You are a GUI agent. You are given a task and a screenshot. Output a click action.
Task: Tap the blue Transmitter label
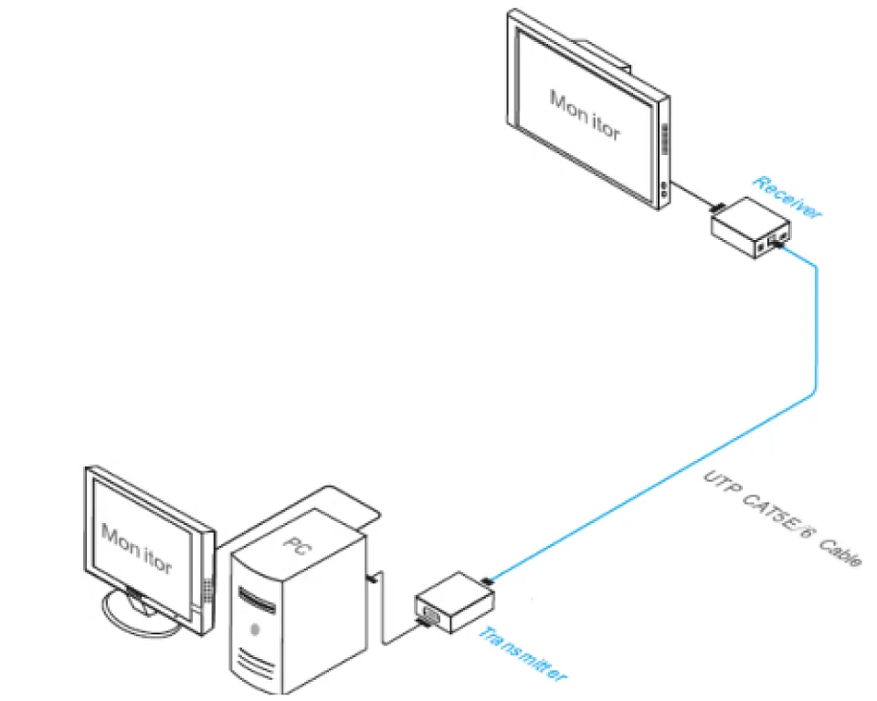point(522,654)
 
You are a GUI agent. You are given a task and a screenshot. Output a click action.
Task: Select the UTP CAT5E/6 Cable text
point(782,519)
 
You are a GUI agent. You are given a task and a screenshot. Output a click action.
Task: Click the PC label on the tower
point(296,546)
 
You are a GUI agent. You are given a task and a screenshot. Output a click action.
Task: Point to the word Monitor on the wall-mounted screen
point(585,115)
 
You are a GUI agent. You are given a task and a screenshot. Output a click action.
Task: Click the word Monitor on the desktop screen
point(136,549)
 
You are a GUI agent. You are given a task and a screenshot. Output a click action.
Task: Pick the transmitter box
point(455,602)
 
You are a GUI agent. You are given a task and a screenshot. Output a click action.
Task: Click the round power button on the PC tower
point(255,630)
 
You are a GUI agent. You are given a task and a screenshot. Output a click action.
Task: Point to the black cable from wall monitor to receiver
point(693,194)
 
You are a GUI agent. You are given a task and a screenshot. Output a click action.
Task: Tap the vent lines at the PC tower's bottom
point(256,665)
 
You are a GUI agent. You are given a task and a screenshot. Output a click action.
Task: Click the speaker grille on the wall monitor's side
point(666,139)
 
